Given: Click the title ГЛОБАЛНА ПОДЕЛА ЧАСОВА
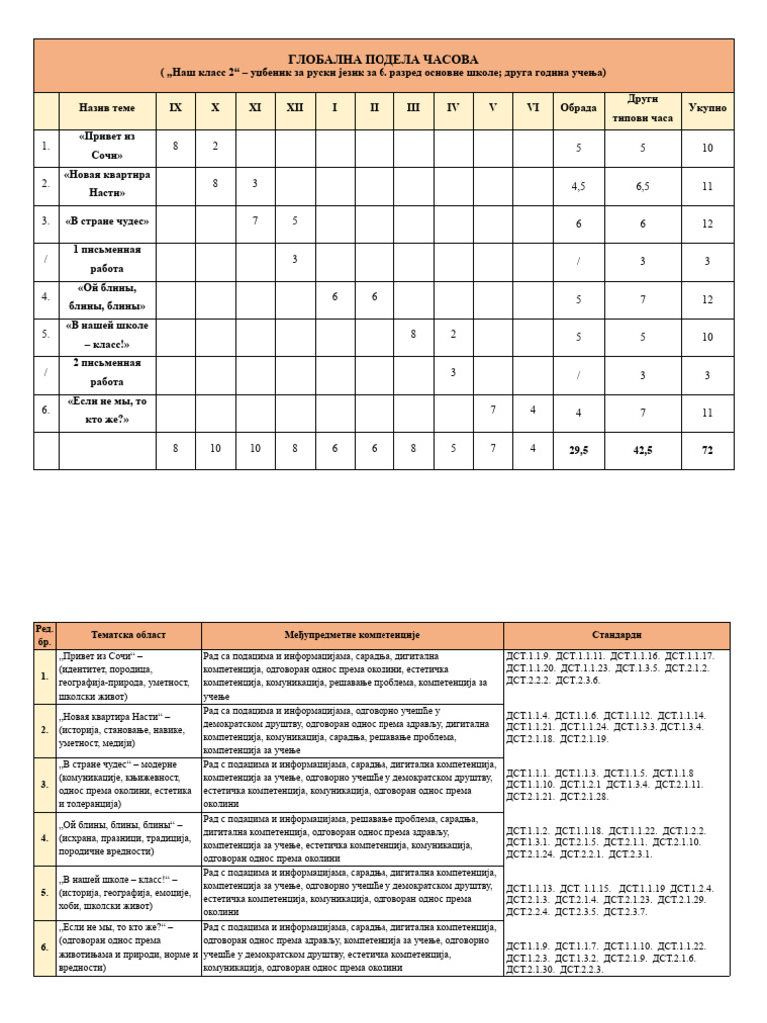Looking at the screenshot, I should tap(384, 59).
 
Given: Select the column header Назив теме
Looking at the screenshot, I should tap(107, 108).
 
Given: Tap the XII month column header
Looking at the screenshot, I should tap(294, 108).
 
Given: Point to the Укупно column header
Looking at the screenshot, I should tap(707, 108).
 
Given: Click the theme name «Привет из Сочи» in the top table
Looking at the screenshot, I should tap(107, 147).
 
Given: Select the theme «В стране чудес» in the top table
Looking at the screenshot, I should tap(107, 222).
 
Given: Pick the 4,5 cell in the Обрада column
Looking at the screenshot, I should tap(578, 185).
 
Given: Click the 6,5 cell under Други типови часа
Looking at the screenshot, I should tap(642, 185).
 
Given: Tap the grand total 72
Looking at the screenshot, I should tap(707, 450).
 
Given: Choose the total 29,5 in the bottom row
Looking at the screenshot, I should tap(578, 450).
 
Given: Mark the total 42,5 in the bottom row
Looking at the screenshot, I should tap(642, 450).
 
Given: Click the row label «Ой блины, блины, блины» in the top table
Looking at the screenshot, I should tap(107, 297).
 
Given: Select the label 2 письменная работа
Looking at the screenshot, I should tap(107, 373).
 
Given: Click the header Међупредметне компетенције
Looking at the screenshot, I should tap(352, 635).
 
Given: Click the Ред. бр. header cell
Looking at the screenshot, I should tap(45, 635).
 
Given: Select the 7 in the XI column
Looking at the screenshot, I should tap(255, 222).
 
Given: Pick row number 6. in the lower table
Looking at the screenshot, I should tap(45, 947).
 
